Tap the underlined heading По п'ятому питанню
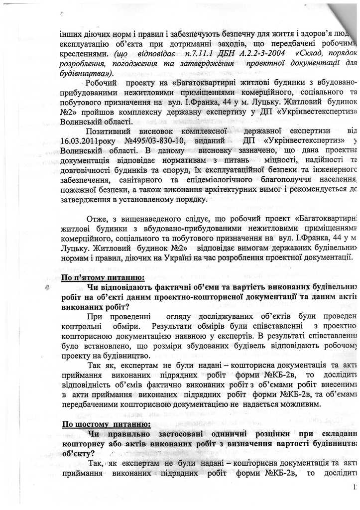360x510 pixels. coord(103,277)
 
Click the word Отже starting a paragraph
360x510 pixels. coord(96,219)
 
